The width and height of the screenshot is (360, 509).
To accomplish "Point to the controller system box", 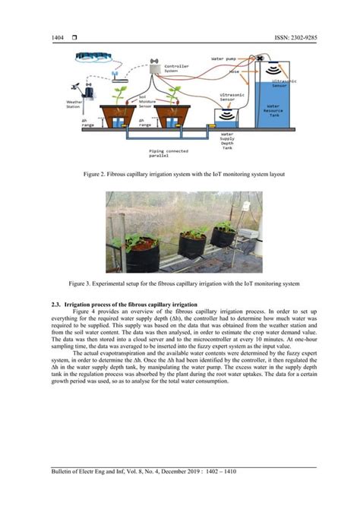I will point(159,68).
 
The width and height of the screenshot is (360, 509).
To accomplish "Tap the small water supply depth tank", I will point(226,122).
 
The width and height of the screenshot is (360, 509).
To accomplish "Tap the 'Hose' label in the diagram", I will point(235,71).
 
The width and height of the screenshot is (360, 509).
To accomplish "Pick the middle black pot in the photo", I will point(191,245).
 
